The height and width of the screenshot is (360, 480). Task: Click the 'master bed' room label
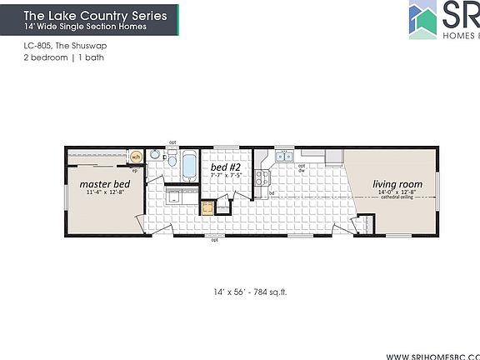pos(103,182)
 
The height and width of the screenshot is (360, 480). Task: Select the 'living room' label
pos(397,183)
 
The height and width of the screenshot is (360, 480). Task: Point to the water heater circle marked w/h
pos(136,157)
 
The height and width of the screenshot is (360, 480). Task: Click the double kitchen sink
pos(284,156)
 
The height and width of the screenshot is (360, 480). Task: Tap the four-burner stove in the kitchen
pos(261,177)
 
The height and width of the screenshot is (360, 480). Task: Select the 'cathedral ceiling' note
pos(397,200)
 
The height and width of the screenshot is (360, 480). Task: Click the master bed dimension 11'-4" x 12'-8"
pos(103,192)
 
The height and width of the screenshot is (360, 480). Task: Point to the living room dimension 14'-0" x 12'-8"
pos(397,193)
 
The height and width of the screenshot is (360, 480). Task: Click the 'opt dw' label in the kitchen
pos(302,167)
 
